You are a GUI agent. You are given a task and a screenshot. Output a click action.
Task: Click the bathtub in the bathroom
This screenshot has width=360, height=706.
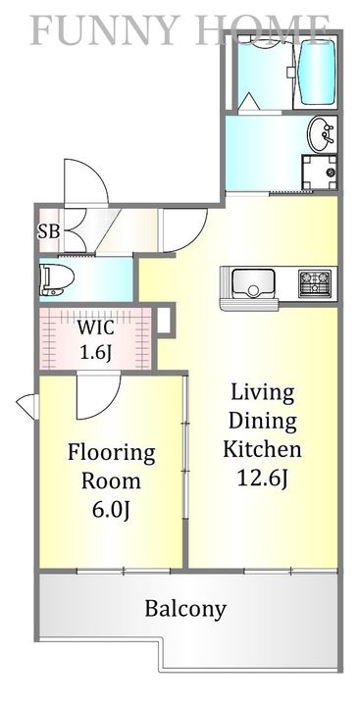point(316,74)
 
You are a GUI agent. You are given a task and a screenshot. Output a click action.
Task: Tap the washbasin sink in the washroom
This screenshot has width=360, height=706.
point(322,134)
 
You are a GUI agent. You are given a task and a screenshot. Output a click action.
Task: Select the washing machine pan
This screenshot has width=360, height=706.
point(319,173)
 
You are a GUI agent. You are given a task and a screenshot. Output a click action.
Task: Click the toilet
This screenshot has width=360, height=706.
point(57,280)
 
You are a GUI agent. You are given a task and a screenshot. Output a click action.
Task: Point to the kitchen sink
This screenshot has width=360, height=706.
point(253,283)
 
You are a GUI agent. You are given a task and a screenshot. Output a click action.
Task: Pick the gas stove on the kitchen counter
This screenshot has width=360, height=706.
point(315,283)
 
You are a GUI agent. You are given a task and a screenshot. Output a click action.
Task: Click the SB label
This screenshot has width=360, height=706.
point(48,231)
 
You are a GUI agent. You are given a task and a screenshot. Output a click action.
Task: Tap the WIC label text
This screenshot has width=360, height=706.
point(95,328)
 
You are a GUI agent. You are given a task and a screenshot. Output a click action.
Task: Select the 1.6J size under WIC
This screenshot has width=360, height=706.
point(96,353)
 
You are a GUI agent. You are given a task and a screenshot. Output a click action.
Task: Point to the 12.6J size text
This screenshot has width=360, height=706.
point(262,478)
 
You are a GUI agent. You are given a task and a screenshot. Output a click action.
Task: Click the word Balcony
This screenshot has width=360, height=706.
point(185,610)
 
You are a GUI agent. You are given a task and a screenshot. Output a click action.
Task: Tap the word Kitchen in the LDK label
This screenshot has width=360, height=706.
point(262,449)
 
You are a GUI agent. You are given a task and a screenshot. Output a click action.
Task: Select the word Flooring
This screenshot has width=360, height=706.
point(111,453)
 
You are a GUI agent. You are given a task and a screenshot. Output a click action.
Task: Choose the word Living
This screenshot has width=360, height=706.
point(262,394)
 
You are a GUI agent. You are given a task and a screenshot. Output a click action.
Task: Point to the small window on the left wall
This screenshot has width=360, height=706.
point(27,407)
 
